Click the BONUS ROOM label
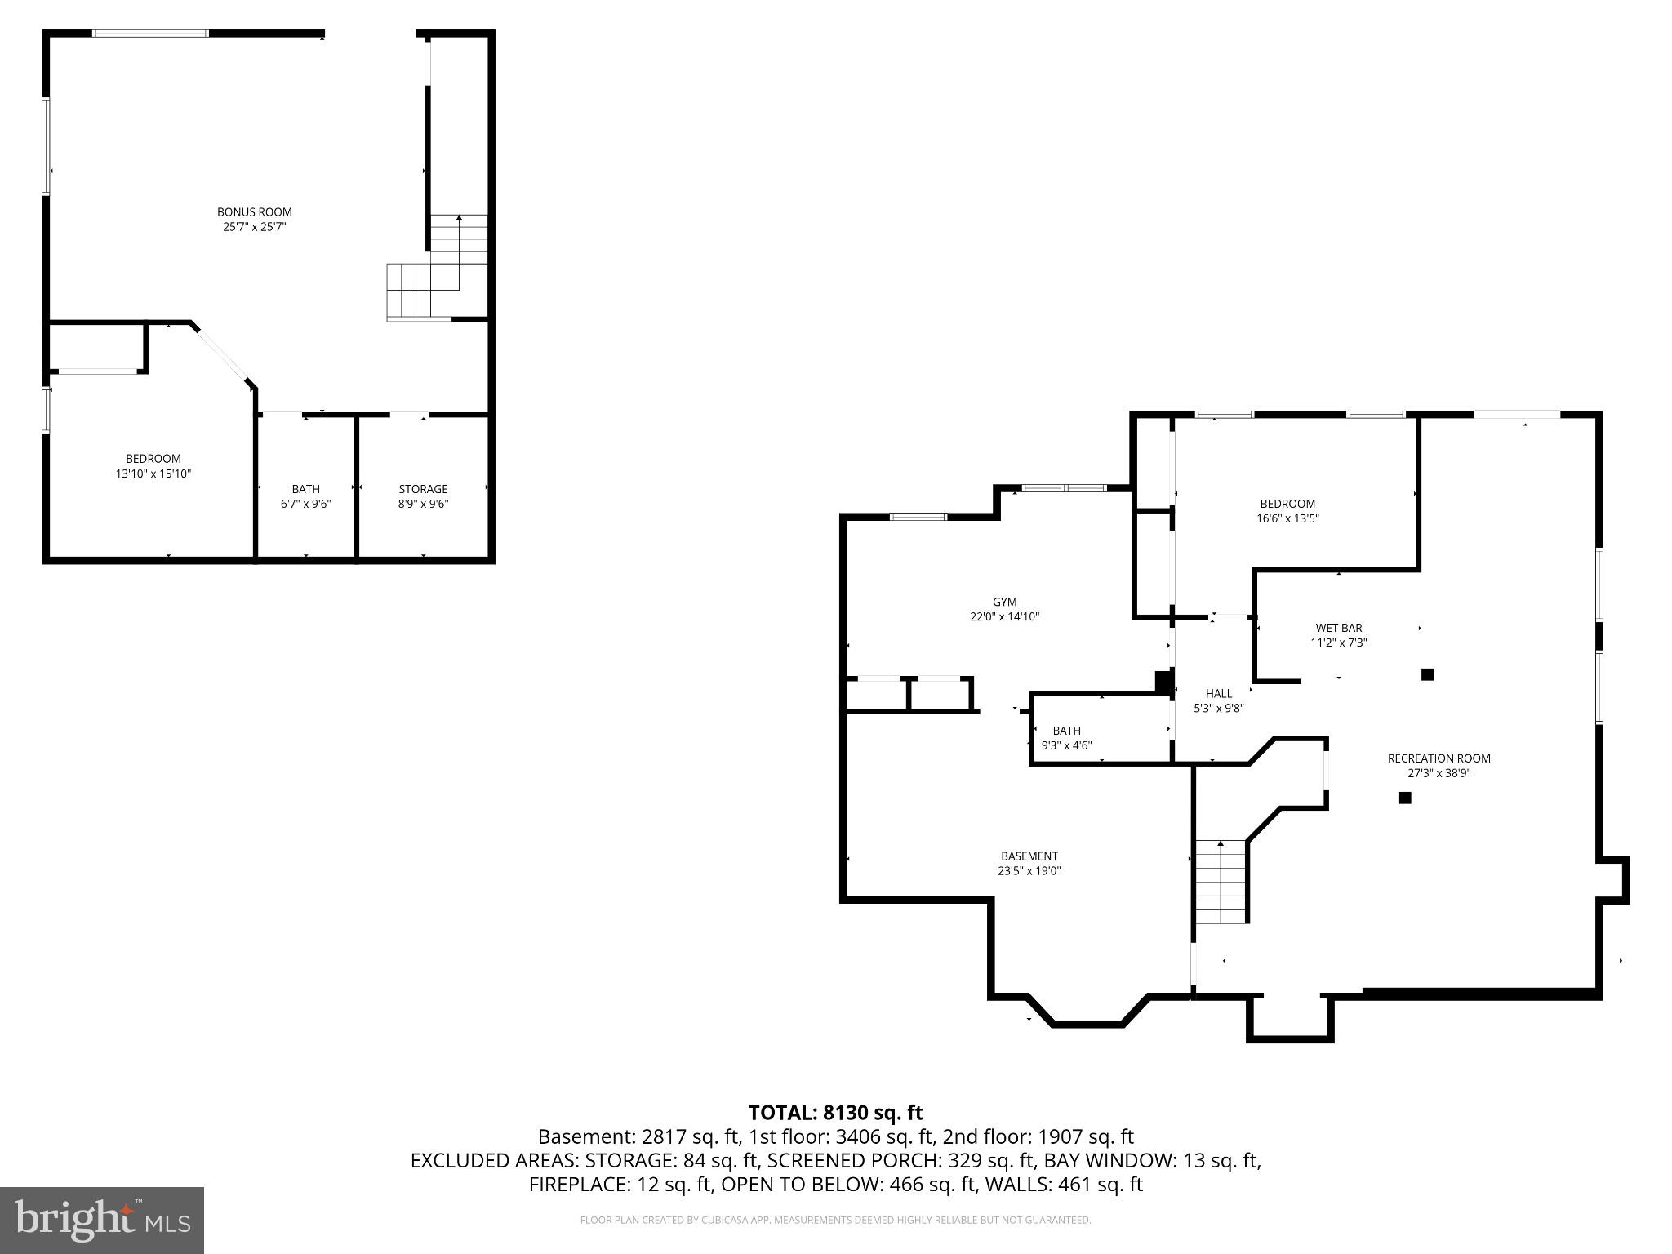[254, 212]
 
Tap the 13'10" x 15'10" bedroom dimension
[153, 474]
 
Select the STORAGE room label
[423, 489]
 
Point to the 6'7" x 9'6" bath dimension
[305, 504]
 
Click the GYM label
[1004, 603]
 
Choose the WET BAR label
[1338, 628]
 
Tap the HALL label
[1218, 694]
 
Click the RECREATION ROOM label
[1439, 758]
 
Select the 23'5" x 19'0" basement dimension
[1029, 871]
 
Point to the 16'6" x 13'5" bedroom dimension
[1287, 518]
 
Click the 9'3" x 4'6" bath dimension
[1066, 745]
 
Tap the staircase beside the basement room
[1221, 883]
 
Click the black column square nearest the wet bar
[1427, 674]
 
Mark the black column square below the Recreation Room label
[1404, 798]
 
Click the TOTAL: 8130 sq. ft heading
[835, 1113]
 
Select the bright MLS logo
[101, 1221]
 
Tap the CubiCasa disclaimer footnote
[835, 1221]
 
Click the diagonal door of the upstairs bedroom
[223, 354]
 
